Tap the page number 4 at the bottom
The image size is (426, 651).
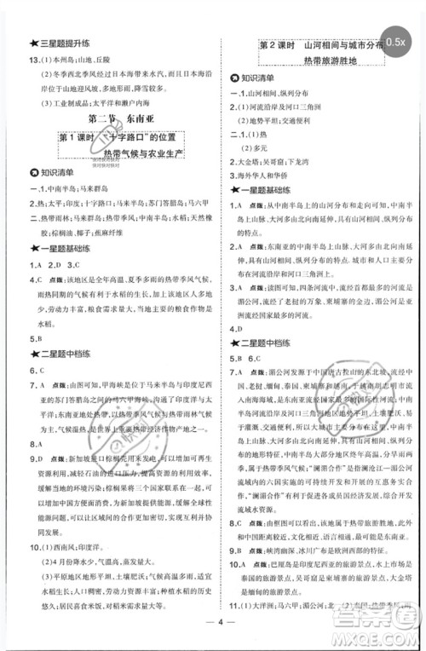213,642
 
